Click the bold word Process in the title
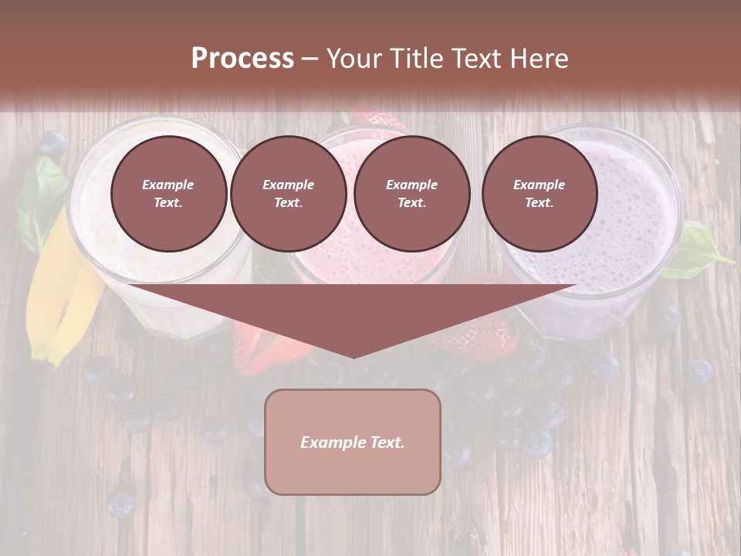pyautogui.click(x=242, y=59)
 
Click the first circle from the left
pyautogui.click(x=168, y=193)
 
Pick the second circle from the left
pyautogui.click(x=288, y=193)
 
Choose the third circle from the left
pyautogui.click(x=411, y=193)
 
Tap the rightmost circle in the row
pyautogui.click(x=539, y=193)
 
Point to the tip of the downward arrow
pyautogui.click(x=354, y=356)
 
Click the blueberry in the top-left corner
pyautogui.click(x=54, y=143)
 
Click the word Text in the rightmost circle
pyautogui.click(x=539, y=202)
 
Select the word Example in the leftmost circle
pyautogui.click(x=168, y=185)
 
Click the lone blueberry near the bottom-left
pyautogui.click(x=120, y=503)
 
